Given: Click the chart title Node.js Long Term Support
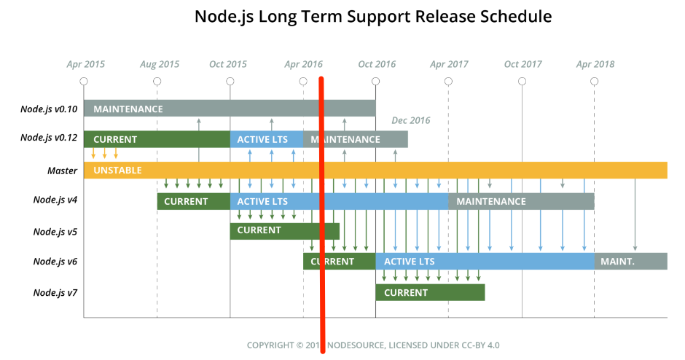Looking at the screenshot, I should (373, 16).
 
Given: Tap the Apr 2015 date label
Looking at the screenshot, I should (86, 64).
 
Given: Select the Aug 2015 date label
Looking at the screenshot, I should (160, 64).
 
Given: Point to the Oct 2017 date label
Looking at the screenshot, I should (522, 64).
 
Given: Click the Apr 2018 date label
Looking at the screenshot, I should (595, 64).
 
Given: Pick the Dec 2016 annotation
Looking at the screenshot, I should (411, 120).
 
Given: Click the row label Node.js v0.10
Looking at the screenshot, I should (49, 109).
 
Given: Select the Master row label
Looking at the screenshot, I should (63, 170).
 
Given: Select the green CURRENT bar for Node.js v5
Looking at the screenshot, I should (284, 231).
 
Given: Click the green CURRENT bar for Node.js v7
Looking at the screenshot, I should (430, 292).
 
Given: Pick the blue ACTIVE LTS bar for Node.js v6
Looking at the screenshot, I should (485, 262).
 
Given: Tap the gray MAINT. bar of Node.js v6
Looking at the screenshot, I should (631, 262).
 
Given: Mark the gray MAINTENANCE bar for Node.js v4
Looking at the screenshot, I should (521, 201).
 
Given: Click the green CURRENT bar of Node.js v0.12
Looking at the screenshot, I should (157, 139).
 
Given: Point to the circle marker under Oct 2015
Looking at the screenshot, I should (230, 81).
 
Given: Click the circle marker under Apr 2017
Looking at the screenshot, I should (449, 81).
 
